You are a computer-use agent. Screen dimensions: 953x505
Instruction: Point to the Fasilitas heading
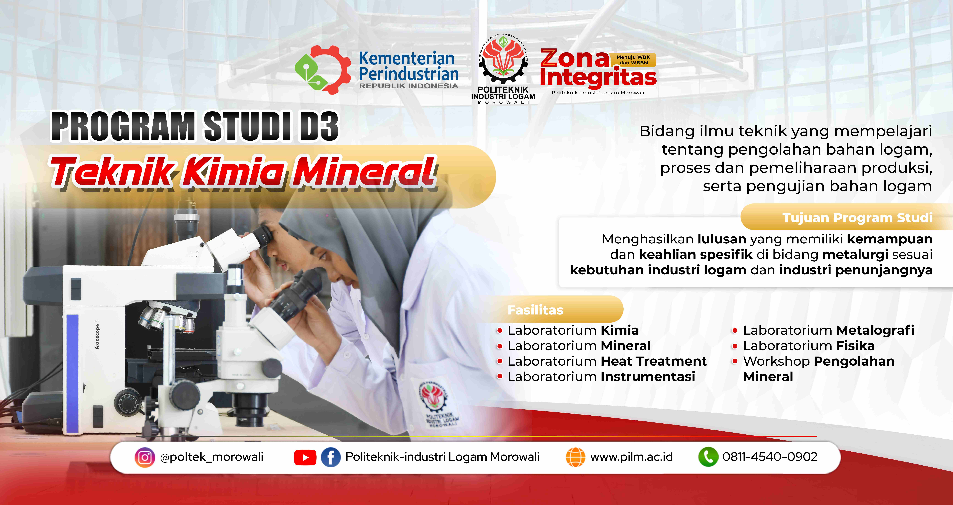pyautogui.click(x=535, y=310)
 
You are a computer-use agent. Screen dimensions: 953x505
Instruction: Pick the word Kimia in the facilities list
pyautogui.click(x=620, y=330)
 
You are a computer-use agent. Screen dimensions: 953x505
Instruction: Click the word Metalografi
pyautogui.click(x=875, y=330)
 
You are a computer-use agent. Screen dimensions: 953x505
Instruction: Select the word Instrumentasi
pyautogui.click(x=648, y=377)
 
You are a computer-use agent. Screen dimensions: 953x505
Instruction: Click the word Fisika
pyautogui.click(x=856, y=346)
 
